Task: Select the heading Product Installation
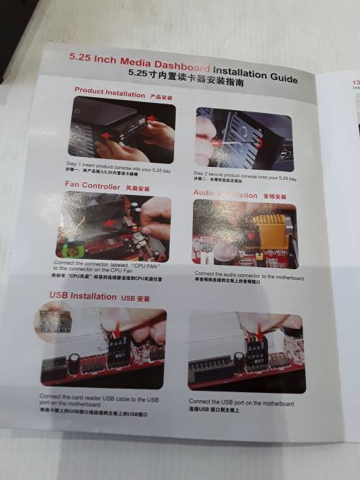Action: pyautogui.click(x=109, y=93)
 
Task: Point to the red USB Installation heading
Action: pyautogui.click(x=82, y=296)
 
